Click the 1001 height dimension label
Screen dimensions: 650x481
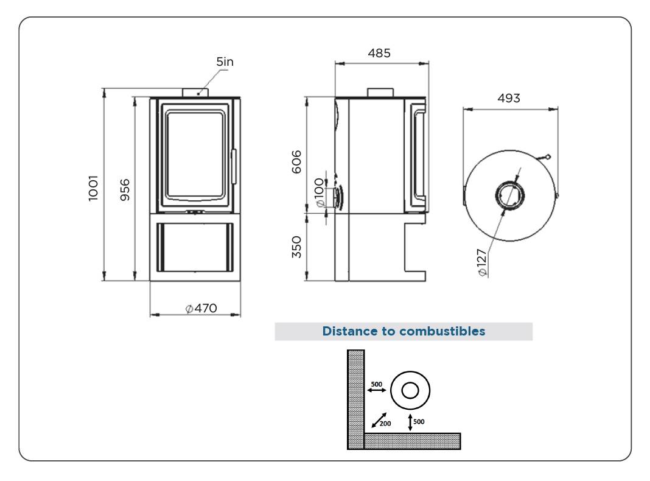coord(94,188)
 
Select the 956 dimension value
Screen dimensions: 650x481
coord(125,190)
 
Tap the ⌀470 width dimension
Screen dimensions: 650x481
coord(201,308)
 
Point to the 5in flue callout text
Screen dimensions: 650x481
coord(225,61)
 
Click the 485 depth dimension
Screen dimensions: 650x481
coord(379,53)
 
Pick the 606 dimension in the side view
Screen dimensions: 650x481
coord(296,162)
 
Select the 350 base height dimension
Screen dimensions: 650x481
coord(296,247)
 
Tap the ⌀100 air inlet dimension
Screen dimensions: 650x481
coord(319,192)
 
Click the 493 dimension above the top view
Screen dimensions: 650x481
coord(509,98)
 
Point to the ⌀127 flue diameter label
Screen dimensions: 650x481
coord(481,262)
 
